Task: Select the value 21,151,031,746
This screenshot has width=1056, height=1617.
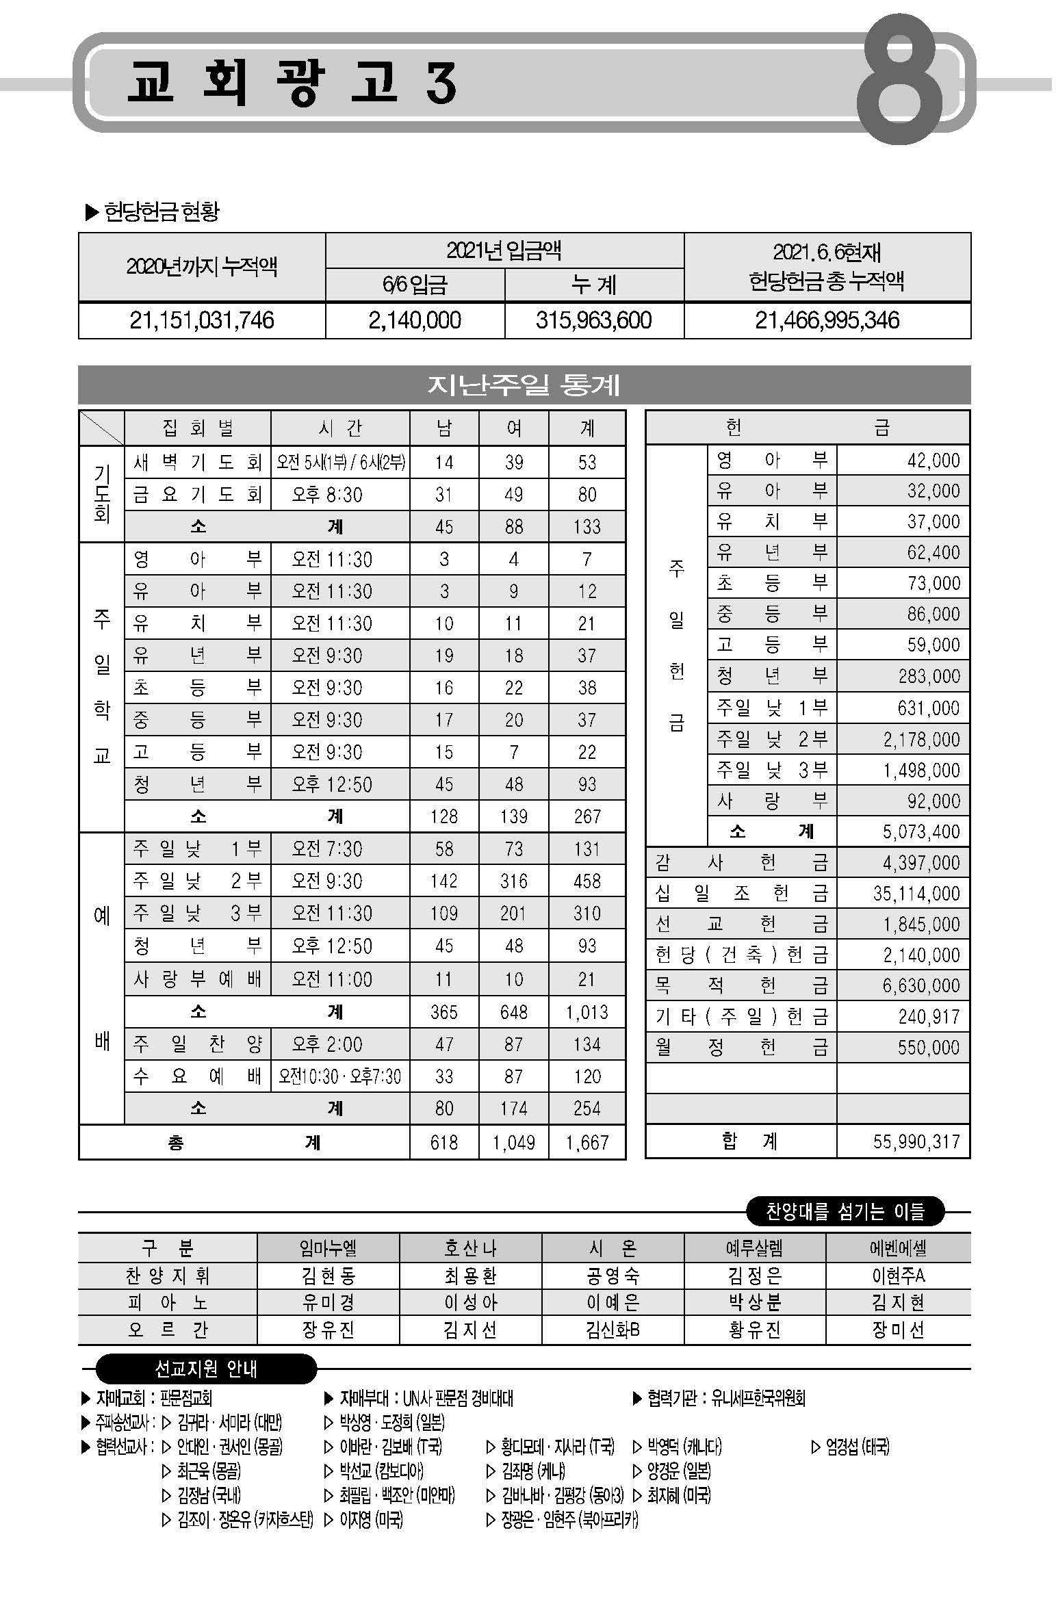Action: [202, 320]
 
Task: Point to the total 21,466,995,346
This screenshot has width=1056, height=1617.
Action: [827, 320]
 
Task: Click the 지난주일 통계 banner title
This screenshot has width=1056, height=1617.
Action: [524, 385]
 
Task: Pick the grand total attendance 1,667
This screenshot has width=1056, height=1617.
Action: [587, 1142]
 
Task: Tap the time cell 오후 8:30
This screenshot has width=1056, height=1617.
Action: [327, 495]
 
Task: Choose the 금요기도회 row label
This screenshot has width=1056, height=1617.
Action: [198, 495]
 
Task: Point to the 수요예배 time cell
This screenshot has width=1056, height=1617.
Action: [339, 1076]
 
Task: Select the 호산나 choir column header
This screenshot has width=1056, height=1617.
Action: [470, 1249]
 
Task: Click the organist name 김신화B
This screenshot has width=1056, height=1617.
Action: [613, 1330]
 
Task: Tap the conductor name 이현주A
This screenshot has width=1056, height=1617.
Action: [898, 1276]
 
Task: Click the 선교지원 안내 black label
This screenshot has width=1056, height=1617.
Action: [205, 1369]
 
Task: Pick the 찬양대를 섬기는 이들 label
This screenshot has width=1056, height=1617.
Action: [845, 1212]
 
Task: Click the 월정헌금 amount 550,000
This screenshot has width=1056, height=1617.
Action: [928, 1048]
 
